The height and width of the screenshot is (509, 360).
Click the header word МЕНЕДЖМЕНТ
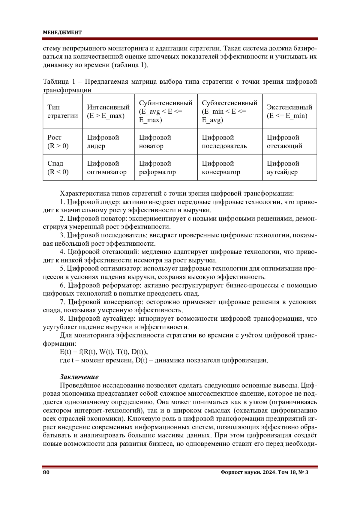tap(62, 32)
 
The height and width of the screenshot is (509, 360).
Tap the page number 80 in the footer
tap(46, 472)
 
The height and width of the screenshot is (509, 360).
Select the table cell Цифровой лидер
tap(103, 142)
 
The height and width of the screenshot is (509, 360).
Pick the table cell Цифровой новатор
tap(155, 142)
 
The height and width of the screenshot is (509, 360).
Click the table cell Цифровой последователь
tap(224, 142)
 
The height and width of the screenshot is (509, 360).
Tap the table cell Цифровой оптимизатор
tap(106, 168)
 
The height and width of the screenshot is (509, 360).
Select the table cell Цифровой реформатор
tap(157, 168)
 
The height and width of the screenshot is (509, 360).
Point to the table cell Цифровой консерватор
tap(221, 168)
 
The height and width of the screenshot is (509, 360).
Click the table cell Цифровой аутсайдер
tap(283, 168)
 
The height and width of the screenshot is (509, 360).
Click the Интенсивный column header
tap(108, 111)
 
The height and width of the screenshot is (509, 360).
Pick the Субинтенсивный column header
tap(165, 111)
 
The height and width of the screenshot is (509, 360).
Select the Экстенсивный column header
tap(289, 111)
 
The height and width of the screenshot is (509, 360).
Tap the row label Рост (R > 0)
tap(58, 142)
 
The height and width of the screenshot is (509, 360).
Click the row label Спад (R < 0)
tap(58, 168)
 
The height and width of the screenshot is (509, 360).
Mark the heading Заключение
tap(79, 377)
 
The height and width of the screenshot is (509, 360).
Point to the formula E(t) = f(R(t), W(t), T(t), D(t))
tap(104, 352)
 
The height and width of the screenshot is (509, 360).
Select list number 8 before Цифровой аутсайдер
tap(62, 319)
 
